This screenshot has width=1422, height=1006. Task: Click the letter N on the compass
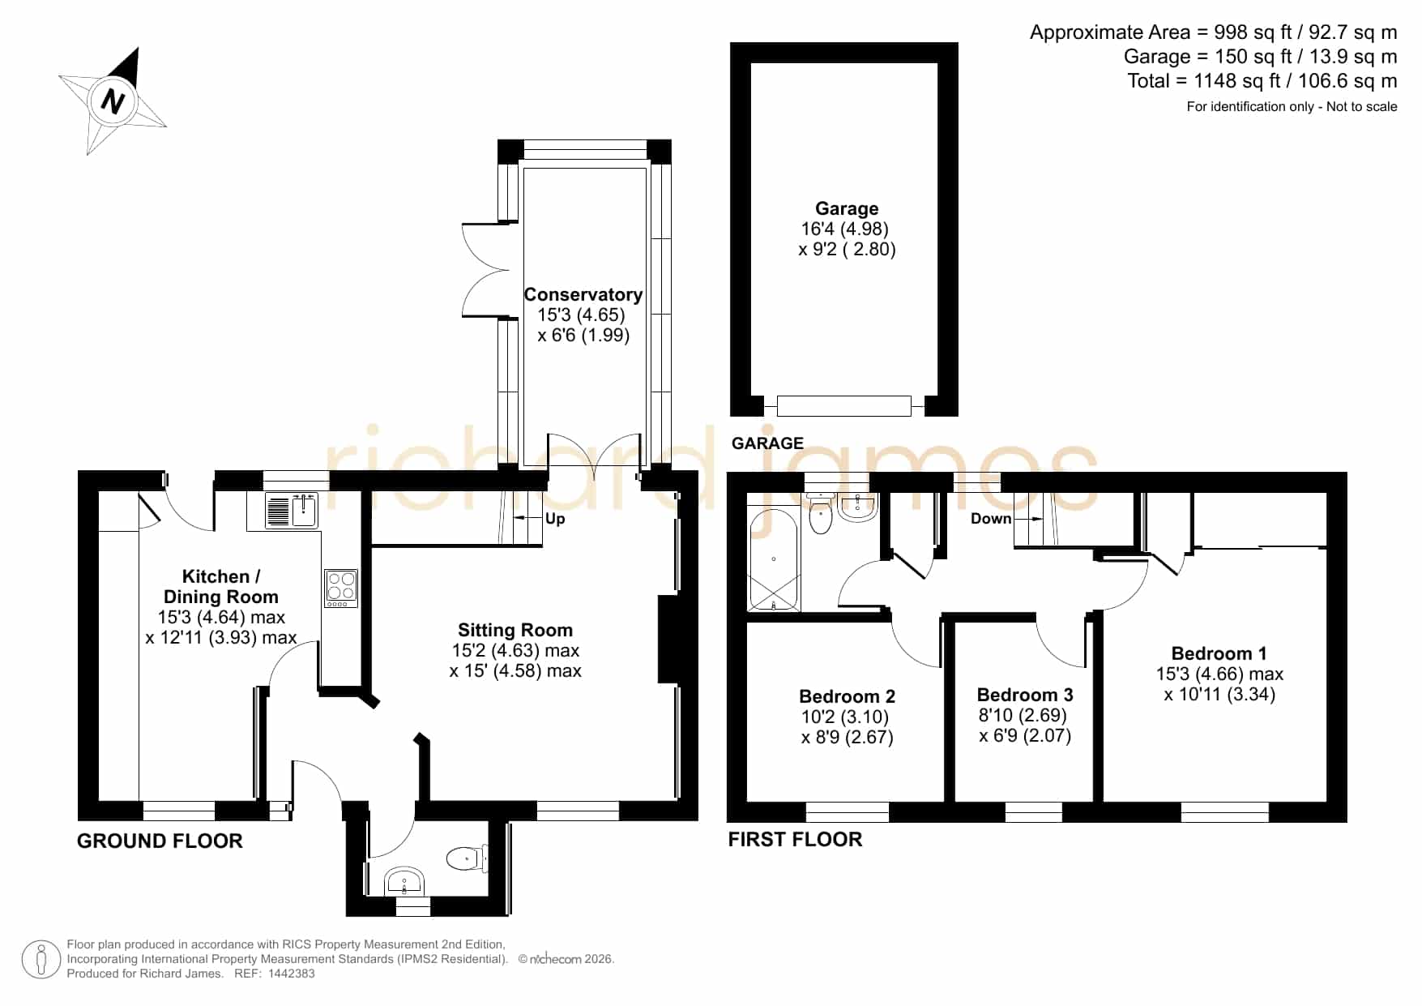pyautogui.click(x=113, y=102)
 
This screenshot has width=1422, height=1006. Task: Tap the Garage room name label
pyautogui.click(x=847, y=208)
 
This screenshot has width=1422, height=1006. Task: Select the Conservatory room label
pyautogui.click(x=583, y=294)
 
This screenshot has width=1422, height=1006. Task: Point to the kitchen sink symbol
pyautogui.click(x=292, y=510)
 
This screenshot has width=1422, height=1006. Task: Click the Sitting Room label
pyautogui.click(x=515, y=630)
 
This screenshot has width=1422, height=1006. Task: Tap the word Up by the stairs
pyautogui.click(x=555, y=519)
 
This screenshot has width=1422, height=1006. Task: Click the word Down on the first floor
pyautogui.click(x=991, y=519)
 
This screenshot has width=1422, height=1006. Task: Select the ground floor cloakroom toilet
pyautogui.click(x=468, y=858)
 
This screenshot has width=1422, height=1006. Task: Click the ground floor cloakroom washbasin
pyautogui.click(x=405, y=881)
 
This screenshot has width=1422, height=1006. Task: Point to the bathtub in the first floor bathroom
pyautogui.click(x=774, y=559)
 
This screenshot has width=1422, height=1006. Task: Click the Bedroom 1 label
pyautogui.click(x=1219, y=653)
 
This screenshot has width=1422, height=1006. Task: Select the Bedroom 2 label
pyautogui.click(x=847, y=696)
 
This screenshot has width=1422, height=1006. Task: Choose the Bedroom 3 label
pyautogui.click(x=1025, y=695)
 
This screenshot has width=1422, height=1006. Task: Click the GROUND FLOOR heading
pyautogui.click(x=160, y=841)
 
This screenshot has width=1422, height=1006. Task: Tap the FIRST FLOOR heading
pyautogui.click(x=795, y=839)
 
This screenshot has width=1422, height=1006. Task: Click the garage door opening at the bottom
pyautogui.click(x=844, y=405)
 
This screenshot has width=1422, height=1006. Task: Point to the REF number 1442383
pyautogui.click(x=291, y=974)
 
